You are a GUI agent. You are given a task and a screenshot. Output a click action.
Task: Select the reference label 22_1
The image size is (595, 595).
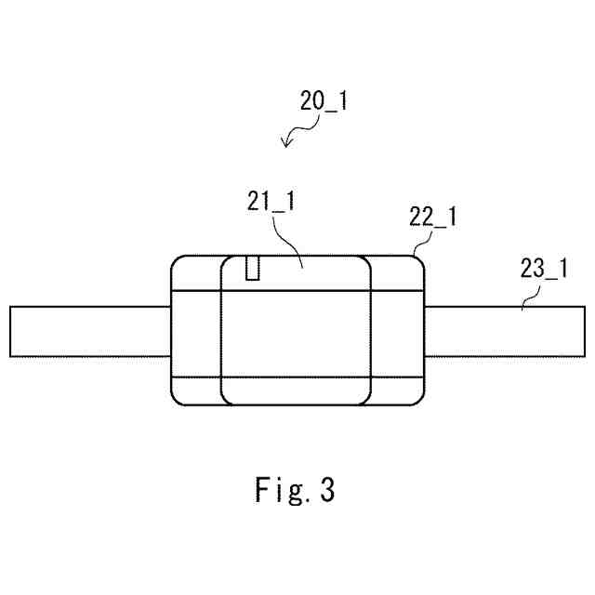tap(432, 218)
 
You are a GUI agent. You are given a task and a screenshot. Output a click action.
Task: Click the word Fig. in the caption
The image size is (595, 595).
tap(281, 489)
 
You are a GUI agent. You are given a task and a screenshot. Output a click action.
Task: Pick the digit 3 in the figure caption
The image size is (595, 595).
tap(326, 489)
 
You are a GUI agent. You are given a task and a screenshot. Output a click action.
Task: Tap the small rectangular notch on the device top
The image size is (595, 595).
tap(251, 268)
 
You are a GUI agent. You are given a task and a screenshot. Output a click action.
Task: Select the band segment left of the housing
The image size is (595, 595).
tap(90, 331)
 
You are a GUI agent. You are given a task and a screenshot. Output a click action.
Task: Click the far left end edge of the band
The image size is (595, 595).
tap(10, 331)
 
